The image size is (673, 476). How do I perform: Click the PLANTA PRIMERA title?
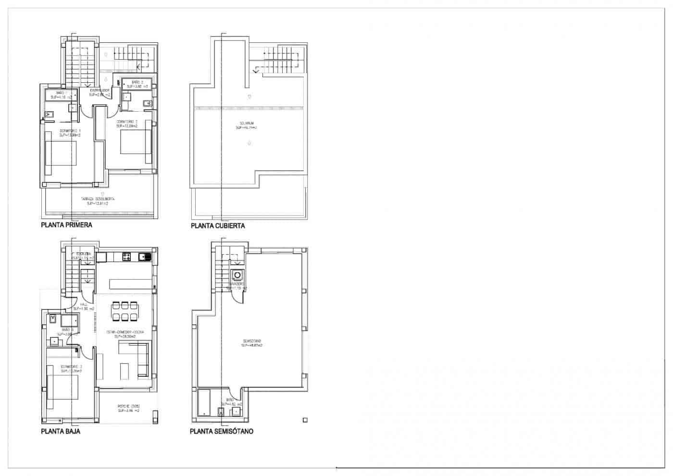pos(66,225)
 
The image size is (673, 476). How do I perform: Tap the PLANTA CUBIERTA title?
pos(218,225)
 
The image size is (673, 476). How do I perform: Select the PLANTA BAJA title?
pos(61,431)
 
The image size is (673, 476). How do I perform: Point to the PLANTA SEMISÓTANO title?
pos(222,431)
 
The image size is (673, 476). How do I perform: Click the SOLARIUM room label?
pos(246,125)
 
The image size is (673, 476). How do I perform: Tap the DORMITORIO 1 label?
pos(70,133)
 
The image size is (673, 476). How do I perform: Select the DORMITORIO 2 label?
pos(127,124)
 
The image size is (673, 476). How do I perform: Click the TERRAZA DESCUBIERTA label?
pos(98,201)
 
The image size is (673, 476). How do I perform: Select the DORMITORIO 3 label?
pos(71,369)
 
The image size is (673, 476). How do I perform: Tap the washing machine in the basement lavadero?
pos(237,275)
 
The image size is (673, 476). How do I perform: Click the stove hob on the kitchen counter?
pos(127,257)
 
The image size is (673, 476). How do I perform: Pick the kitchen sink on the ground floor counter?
pos(145,257)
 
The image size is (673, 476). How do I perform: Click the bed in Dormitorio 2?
pos(130,143)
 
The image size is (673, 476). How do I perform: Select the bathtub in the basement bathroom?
pos(204,403)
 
